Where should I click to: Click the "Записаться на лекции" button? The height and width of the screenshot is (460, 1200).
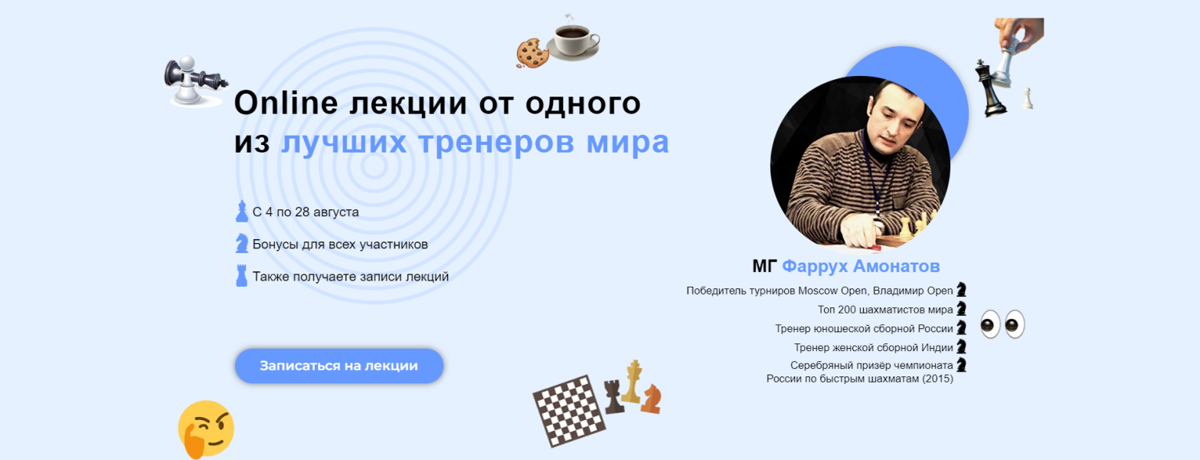tap(338, 366)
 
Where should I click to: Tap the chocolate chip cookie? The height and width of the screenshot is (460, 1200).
tap(530, 52)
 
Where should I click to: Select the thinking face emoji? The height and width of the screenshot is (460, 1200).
tap(205, 429)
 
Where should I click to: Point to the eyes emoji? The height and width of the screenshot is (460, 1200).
tap(1002, 324)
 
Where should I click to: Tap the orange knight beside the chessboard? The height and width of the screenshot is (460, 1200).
tap(652, 399)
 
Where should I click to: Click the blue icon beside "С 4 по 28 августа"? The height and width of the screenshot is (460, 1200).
tap(242, 211)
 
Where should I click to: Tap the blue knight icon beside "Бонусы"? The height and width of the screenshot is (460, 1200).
tap(242, 243)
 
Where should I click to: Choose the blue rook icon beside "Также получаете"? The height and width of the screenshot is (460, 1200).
tap(242, 275)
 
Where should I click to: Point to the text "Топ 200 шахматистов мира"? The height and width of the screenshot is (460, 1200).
tap(885, 310)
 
